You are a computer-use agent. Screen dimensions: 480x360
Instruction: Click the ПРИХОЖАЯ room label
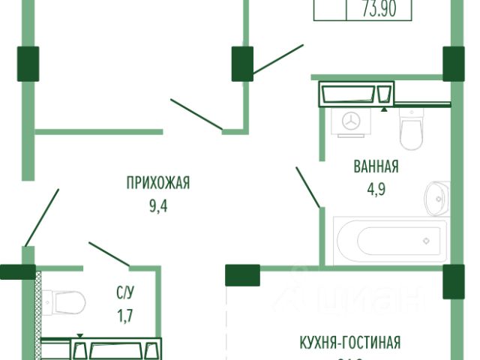pyautogui.click(x=158, y=181)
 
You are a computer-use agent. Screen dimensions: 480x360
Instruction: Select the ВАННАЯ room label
pyautogui.click(x=375, y=166)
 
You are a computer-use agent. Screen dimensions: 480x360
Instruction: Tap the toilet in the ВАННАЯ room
pyautogui.click(x=412, y=129)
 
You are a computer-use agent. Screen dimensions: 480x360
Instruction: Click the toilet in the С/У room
pyautogui.click(x=63, y=304)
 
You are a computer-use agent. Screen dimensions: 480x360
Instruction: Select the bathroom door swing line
pyautogui.click(x=308, y=187)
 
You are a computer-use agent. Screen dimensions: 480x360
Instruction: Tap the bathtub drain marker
pyautogui.click(x=426, y=241)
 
